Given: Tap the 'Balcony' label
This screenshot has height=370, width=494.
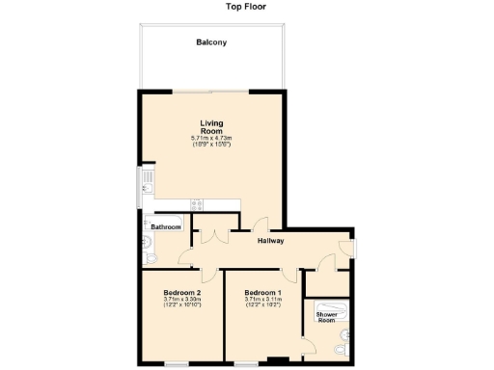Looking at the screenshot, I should [211, 43].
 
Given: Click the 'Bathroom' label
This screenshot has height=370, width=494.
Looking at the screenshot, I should [166, 226].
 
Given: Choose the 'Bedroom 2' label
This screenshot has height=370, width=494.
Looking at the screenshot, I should [181, 293].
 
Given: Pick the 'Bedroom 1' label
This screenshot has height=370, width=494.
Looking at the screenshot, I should [262, 293].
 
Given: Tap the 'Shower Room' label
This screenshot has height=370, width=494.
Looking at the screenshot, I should [326, 315].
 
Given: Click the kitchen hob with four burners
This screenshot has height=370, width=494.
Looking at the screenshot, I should [198, 204].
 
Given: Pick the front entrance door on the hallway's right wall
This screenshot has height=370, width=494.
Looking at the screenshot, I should [354, 250].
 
